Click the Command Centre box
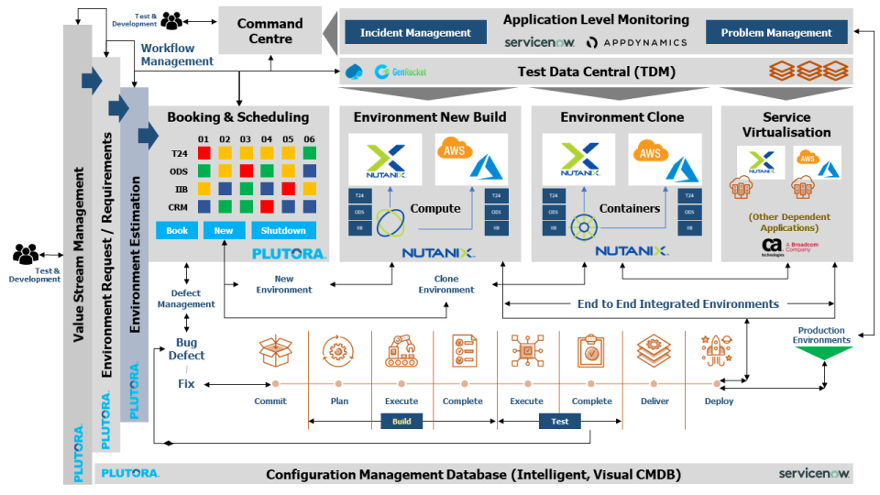click(x=270, y=31)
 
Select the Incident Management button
click(x=415, y=32)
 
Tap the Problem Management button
click(x=776, y=32)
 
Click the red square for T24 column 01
click(x=204, y=153)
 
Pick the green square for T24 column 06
click(x=310, y=153)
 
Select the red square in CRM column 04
click(x=267, y=206)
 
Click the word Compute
click(x=435, y=208)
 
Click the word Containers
click(x=630, y=208)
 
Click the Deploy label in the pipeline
click(x=720, y=401)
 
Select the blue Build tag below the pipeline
click(x=401, y=421)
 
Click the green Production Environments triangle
click(x=820, y=354)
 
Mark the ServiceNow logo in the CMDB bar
click(x=814, y=473)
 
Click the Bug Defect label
click(x=191, y=349)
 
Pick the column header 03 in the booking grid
click(x=246, y=138)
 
